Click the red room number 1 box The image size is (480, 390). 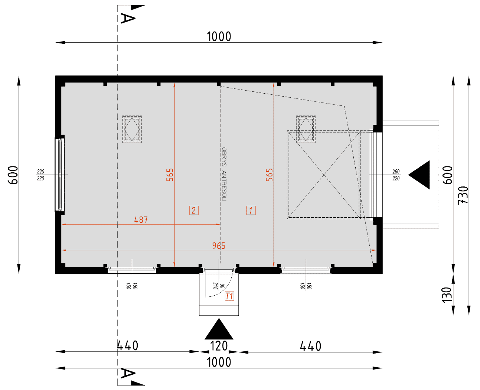coord(251,210)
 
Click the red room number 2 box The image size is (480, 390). coord(194,210)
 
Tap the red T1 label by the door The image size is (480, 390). coord(229,296)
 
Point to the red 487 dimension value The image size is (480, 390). coord(141,220)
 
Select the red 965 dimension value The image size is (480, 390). coord(219,246)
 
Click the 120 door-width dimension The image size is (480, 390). coord(219,346)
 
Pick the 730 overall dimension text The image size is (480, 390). coord(463,195)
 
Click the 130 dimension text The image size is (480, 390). coord(447,295)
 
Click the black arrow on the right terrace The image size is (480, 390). coord(419,175)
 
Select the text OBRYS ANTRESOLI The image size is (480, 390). coord(224,174)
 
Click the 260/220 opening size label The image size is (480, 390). coord(396,175)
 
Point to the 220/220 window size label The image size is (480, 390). coord(40,175)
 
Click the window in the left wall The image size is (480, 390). coord(60,175)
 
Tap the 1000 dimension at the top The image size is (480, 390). coord(219,37)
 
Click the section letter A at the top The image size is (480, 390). coord(128,18)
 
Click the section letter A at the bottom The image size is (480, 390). coord(128,374)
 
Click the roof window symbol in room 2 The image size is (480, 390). coord(132,129)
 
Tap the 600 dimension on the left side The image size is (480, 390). coord(13,175)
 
